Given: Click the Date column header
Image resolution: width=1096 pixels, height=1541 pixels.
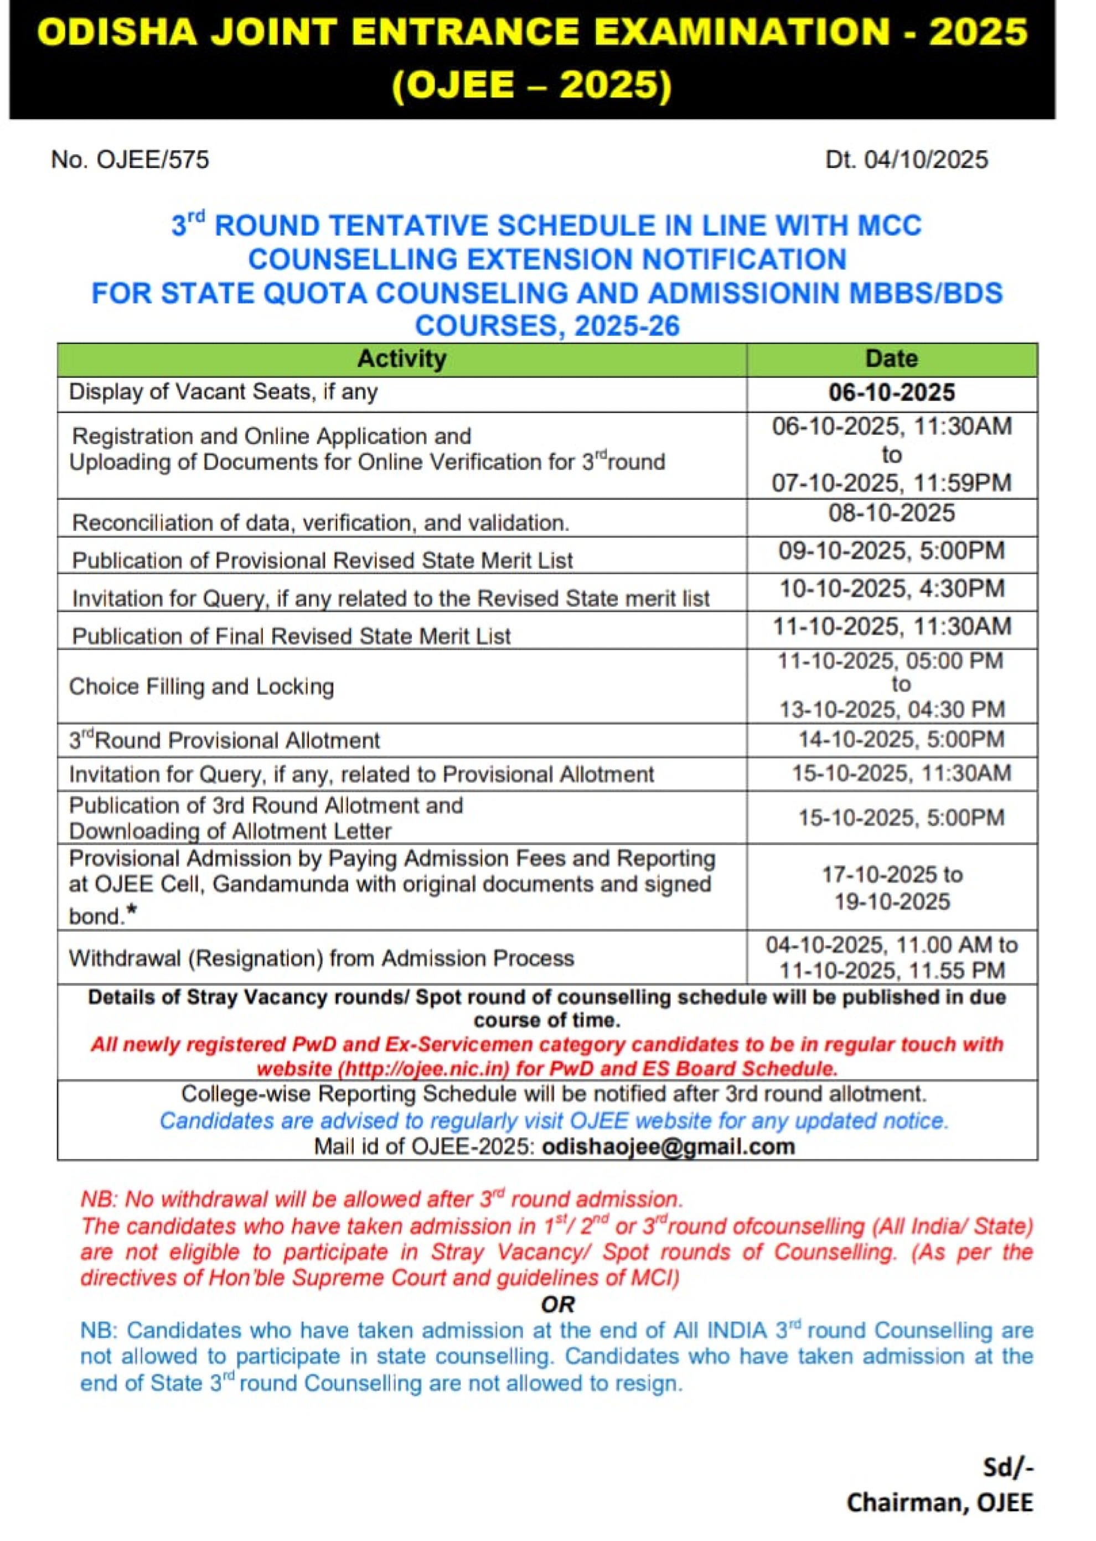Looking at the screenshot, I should point(892,359).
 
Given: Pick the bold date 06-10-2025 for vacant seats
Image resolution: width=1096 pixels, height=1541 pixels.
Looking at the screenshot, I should point(892,393).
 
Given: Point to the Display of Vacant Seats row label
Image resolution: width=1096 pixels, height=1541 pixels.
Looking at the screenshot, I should point(224,392).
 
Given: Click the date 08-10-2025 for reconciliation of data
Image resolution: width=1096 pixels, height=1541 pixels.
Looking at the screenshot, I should point(892,513).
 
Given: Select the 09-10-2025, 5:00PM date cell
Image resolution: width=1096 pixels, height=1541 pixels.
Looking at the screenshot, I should point(892,551).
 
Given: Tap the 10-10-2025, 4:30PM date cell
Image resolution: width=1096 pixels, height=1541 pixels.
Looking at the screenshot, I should point(892,589).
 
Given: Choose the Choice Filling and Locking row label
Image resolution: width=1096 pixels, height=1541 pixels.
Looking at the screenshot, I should point(201,687).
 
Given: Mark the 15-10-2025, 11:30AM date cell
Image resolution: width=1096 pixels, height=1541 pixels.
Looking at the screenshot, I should point(901,773).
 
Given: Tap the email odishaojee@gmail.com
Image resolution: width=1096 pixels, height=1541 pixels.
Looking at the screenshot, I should point(668,1147).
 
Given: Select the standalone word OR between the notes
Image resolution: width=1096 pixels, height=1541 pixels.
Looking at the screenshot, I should point(557,1305).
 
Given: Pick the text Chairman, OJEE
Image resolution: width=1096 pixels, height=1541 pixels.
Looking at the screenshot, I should point(939,1503).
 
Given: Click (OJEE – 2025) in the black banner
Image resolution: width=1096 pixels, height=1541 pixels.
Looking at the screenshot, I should point(532,86).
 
